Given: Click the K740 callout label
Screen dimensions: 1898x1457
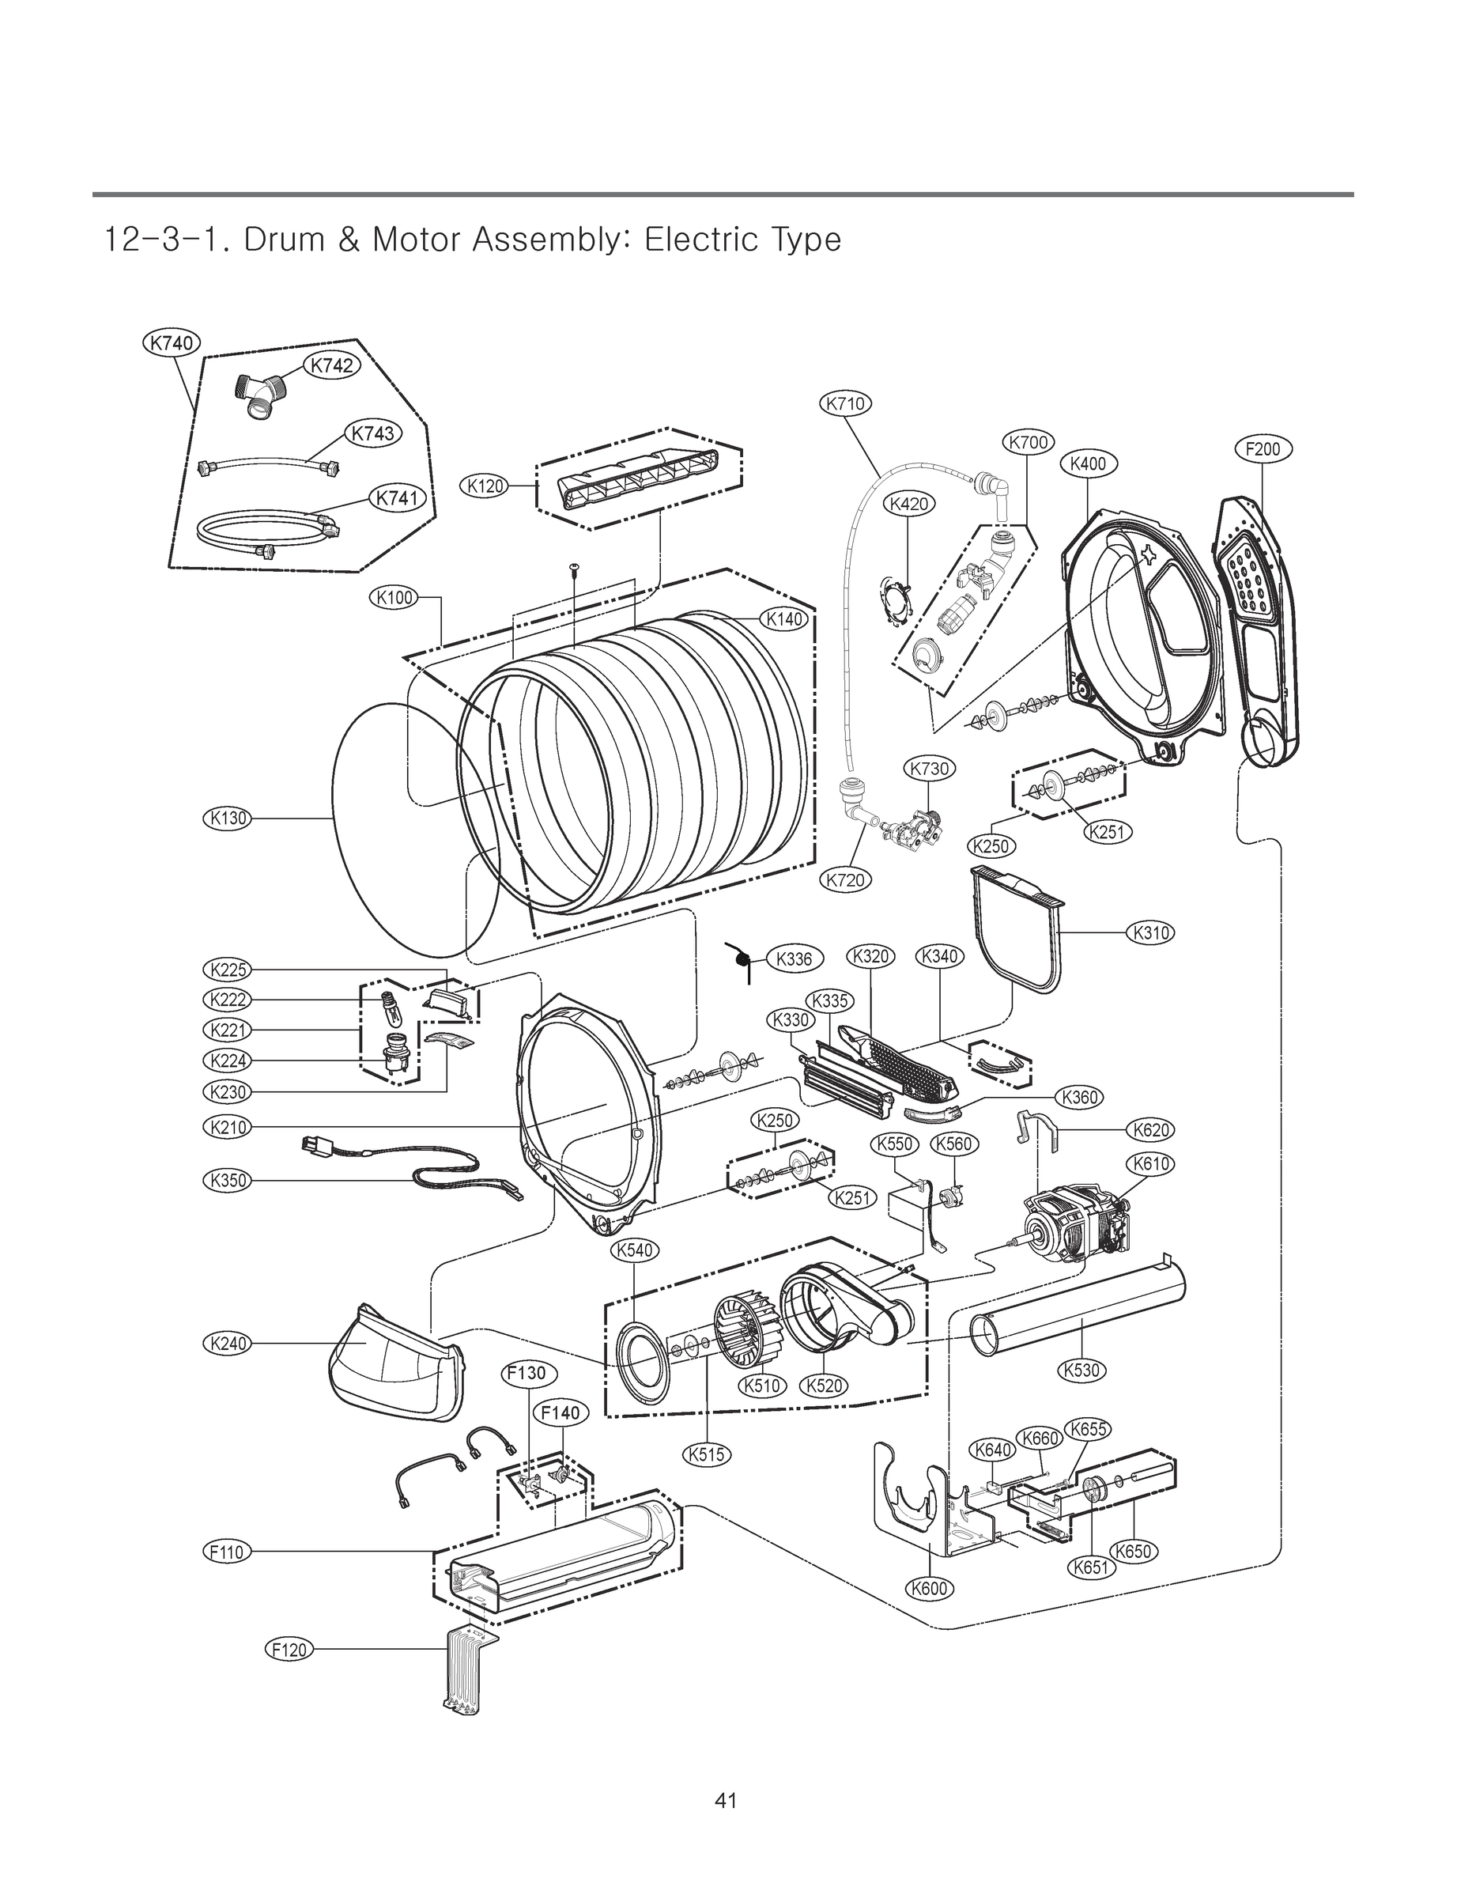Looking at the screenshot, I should (172, 343).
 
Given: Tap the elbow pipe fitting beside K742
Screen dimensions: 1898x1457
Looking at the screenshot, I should (258, 395).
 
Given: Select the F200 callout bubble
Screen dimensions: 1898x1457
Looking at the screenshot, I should (1262, 448).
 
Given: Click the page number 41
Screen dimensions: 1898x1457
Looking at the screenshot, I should (726, 1801).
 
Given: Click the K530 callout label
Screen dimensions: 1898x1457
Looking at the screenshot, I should (1081, 1370).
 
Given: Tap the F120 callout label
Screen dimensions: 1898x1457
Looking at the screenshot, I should (289, 1649).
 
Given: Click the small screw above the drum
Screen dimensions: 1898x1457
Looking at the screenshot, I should (574, 568).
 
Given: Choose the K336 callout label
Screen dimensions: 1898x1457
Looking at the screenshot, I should (794, 958).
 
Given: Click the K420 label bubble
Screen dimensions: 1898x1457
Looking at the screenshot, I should (908, 504).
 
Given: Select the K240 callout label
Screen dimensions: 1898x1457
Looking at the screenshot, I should (227, 1344).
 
